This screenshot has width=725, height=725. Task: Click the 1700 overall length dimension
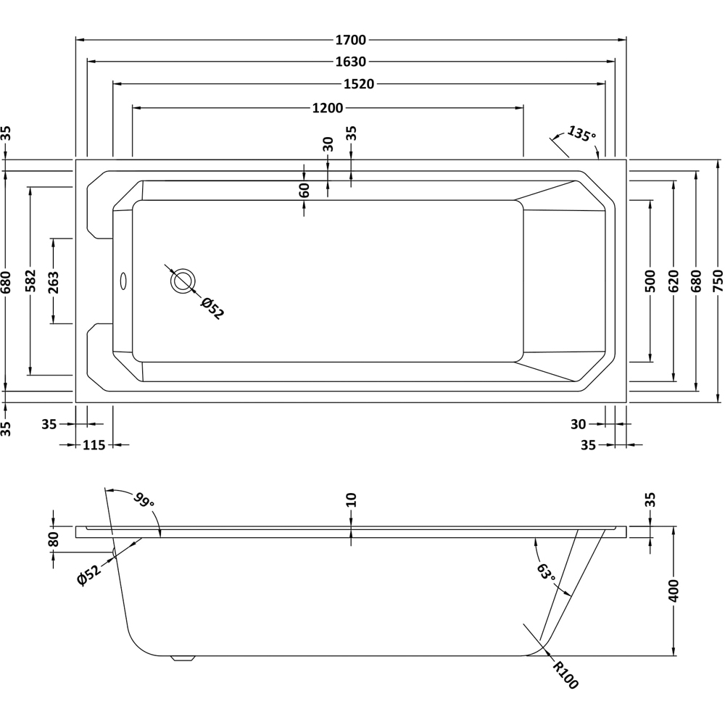(x=351, y=41)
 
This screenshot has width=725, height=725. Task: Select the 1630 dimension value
(x=351, y=62)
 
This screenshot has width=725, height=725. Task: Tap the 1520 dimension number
(x=358, y=84)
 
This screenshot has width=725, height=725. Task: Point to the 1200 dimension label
(x=327, y=108)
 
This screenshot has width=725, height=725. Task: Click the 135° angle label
(x=581, y=134)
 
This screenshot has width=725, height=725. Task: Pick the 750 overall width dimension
(x=718, y=280)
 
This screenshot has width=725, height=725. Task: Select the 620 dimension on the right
(x=674, y=280)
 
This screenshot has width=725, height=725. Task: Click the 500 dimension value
(x=650, y=280)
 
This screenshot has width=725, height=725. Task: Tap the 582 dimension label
(x=30, y=280)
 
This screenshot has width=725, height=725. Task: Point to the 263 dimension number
(x=53, y=280)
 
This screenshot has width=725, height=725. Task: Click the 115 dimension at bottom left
(x=94, y=445)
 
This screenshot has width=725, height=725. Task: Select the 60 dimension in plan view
(x=304, y=190)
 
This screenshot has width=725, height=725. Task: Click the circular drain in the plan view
(x=183, y=280)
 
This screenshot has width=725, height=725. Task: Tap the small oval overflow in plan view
(x=123, y=280)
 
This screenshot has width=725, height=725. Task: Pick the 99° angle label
(x=143, y=500)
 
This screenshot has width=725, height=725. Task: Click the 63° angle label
(x=546, y=573)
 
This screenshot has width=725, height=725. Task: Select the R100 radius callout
(x=565, y=675)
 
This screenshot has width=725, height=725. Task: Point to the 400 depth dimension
(x=674, y=591)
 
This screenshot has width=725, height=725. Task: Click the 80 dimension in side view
(x=53, y=539)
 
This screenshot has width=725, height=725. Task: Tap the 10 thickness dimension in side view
(x=351, y=500)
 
